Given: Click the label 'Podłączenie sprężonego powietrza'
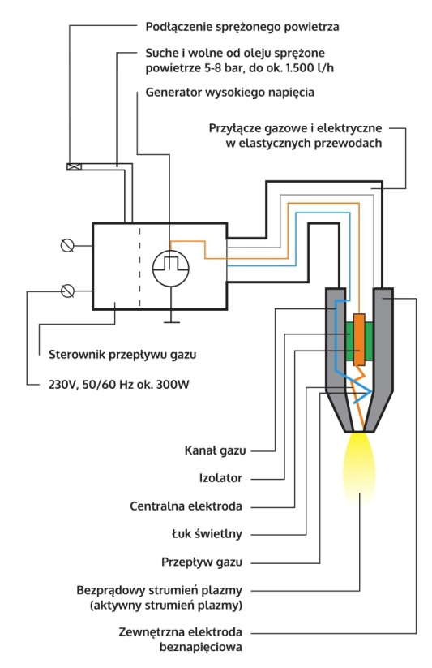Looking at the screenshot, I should pyautogui.click(x=242, y=26).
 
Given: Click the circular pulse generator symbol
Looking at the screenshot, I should pyautogui.click(x=171, y=266).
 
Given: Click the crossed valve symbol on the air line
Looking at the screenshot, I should pyautogui.click(x=75, y=168).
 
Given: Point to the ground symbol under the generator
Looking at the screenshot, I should pyautogui.click(x=171, y=321).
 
